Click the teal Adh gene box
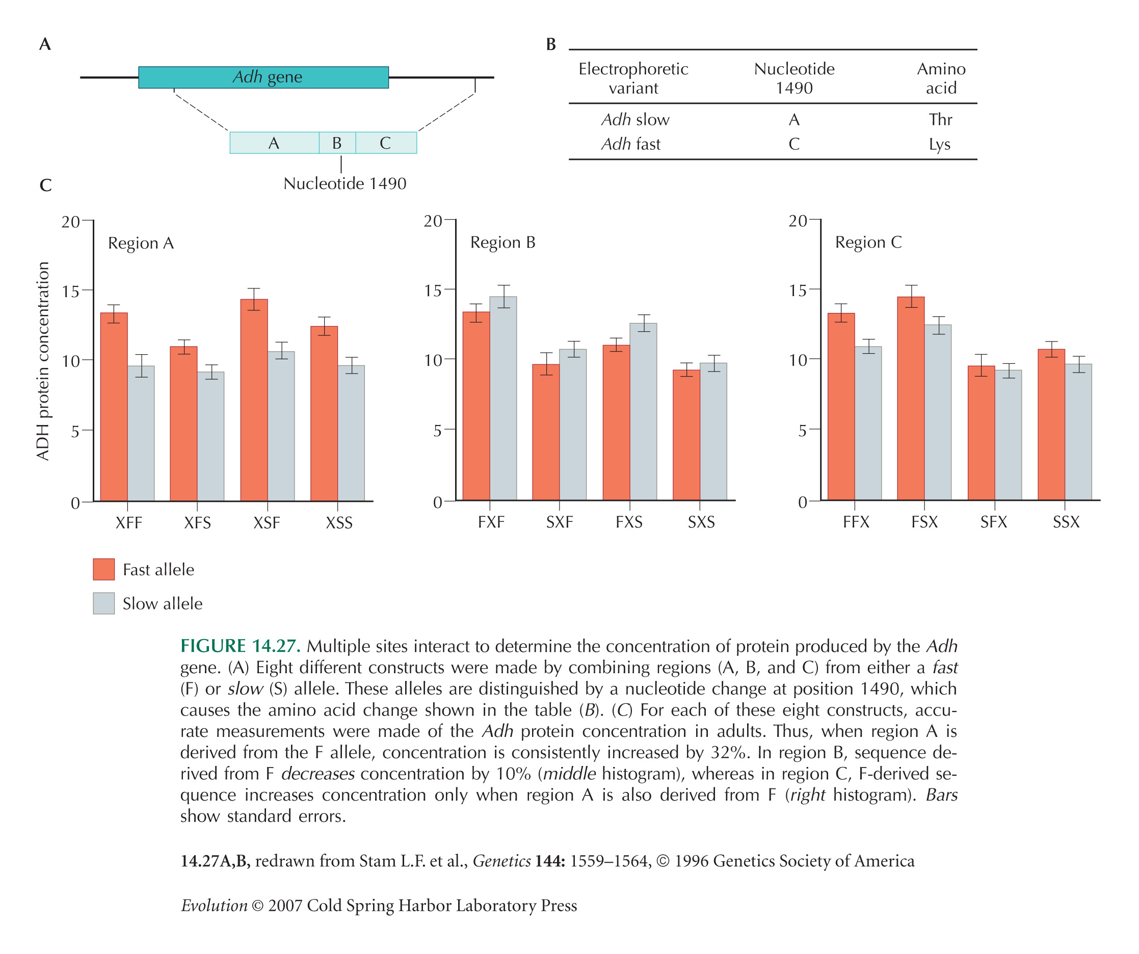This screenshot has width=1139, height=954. coord(263,77)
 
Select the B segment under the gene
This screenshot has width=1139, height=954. coord(337,143)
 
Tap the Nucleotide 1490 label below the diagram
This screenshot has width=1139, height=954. coord(345,183)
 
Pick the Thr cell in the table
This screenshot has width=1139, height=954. coord(940,119)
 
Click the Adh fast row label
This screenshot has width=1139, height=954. coord(631,144)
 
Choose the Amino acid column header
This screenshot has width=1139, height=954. coord(941,78)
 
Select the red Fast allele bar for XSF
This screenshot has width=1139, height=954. coord(254,400)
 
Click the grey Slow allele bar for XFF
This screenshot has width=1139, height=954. coord(141,433)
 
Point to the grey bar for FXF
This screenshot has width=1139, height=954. coord(504,398)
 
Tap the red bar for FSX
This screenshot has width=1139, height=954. coord(911,398)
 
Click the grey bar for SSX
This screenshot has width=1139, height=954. coord(1078,432)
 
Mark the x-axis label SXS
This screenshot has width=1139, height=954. coord(701,522)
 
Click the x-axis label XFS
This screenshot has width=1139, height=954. coord(197,523)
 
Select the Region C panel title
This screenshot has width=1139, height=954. coord(868,242)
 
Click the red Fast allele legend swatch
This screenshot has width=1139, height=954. coord(103,569)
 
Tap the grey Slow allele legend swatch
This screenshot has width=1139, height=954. coord(103,603)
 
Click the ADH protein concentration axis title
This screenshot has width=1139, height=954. coord(43,361)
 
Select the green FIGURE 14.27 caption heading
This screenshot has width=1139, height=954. coord(240,646)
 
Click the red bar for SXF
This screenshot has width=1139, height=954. coord(546,432)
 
